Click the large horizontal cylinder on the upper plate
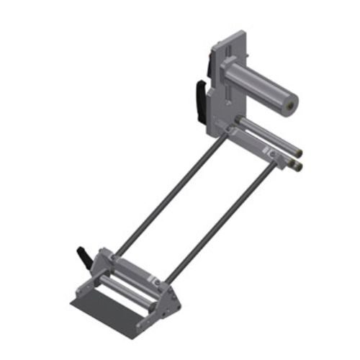coord(259,85)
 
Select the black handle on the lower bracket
coord(84,254)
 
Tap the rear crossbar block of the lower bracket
coord(133,266)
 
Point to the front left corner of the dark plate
coord(72,302)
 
